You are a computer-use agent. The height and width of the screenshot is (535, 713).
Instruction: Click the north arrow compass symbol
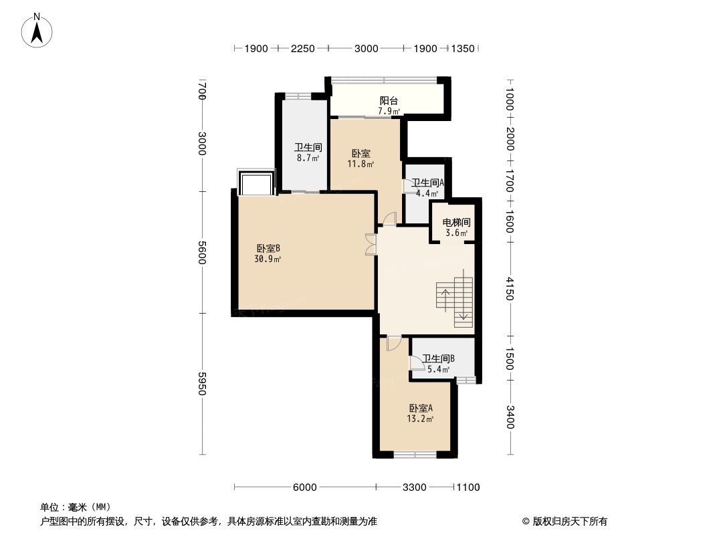37,30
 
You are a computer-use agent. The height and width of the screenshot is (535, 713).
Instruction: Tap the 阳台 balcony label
389,101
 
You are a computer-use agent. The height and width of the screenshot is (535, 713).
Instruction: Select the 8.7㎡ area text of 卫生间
308,158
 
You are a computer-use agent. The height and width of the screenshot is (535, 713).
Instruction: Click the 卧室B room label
268,249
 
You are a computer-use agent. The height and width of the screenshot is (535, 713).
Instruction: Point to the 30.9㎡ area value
268,259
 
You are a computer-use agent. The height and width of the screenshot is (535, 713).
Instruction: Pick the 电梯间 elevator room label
457,223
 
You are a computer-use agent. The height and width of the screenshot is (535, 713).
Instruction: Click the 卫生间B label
438,358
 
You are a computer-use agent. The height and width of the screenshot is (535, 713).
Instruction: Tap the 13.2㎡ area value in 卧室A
420,419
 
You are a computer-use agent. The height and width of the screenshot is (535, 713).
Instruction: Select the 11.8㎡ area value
361,164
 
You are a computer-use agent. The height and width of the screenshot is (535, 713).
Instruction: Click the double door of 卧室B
371,244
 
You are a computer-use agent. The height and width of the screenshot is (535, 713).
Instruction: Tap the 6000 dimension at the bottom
304,488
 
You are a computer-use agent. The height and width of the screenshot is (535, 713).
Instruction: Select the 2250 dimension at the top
303,49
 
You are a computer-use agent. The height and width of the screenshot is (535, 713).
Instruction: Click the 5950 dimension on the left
203,384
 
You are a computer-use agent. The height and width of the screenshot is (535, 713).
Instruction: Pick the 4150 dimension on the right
509,289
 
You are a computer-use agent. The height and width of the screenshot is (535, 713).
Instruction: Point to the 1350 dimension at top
463,49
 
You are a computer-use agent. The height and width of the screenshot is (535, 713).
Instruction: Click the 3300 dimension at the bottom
415,488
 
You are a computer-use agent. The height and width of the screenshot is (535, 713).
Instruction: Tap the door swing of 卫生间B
415,362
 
